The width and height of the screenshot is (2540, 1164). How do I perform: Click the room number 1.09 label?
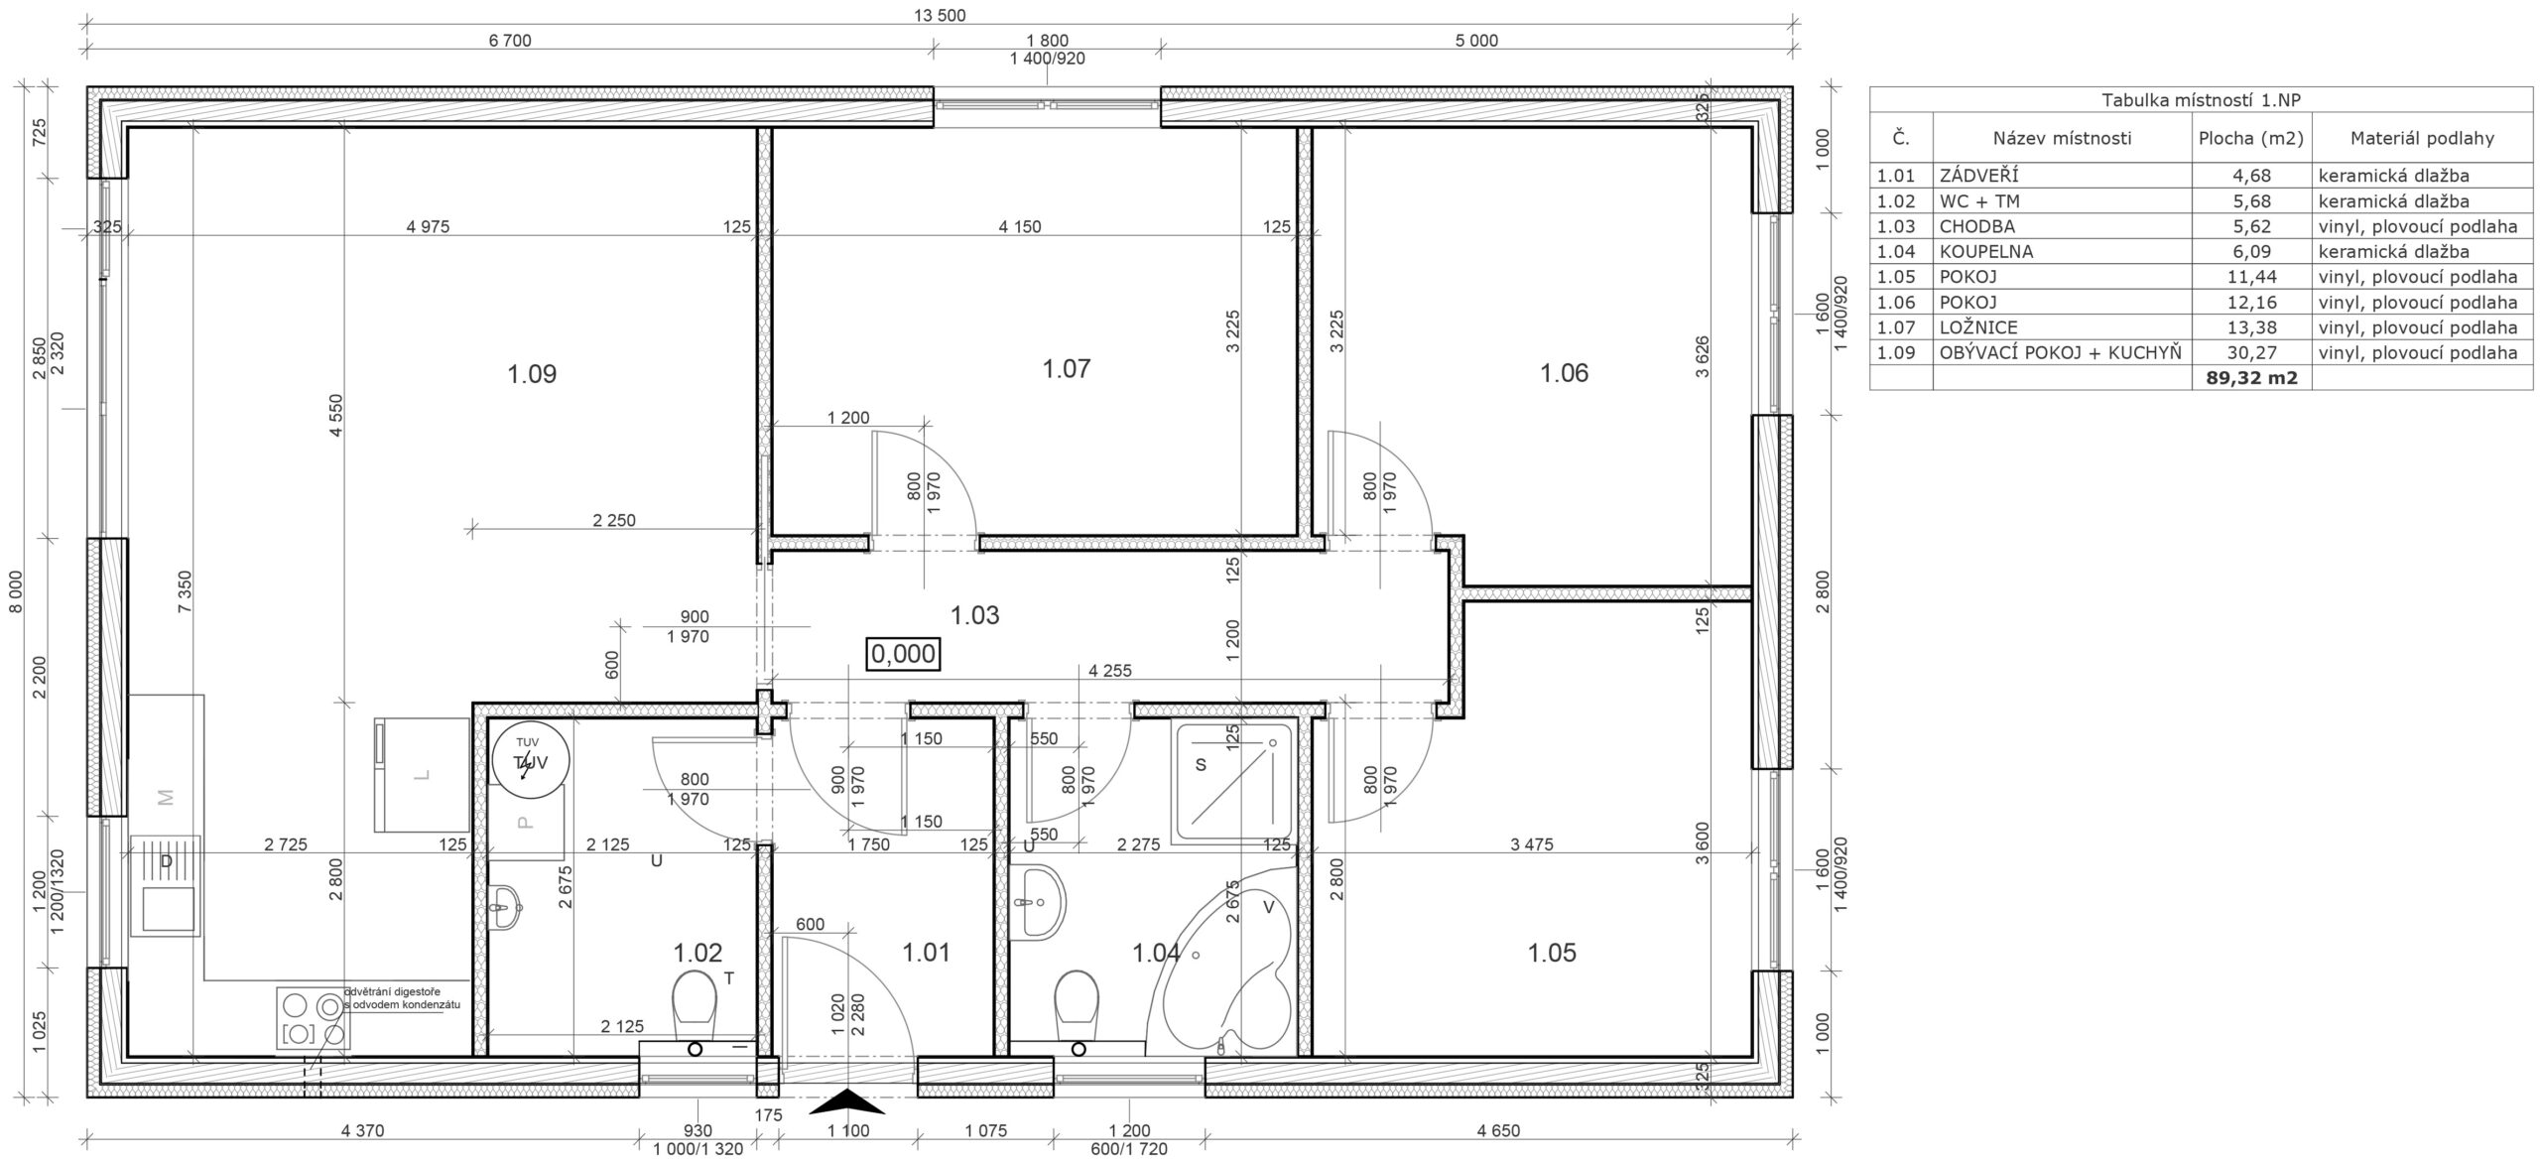532,374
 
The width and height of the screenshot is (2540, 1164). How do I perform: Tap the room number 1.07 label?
1067,369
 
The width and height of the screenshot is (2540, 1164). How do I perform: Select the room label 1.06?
1564,373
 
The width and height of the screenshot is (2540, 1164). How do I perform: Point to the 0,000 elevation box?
903,654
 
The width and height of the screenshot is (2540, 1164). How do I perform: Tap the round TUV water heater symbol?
532,760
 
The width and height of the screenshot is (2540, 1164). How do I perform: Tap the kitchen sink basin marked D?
167,885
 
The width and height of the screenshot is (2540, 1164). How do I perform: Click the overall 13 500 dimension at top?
939,15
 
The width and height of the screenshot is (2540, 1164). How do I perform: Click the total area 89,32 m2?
2251,378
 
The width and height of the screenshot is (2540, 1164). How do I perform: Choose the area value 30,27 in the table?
2251,352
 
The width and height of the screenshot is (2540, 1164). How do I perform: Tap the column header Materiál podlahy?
2421,138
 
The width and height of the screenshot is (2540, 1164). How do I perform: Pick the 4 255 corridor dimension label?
1110,671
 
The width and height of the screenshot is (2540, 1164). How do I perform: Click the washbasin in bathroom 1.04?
1039,901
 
